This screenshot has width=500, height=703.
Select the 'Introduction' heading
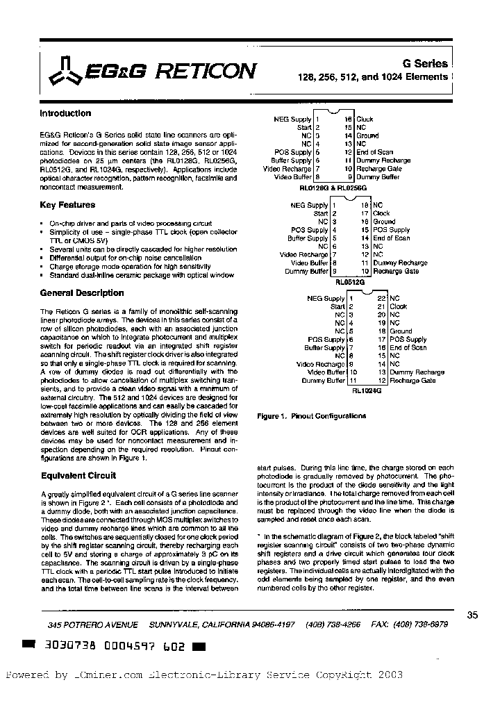tap(65, 113)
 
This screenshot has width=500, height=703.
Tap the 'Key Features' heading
tap(67, 205)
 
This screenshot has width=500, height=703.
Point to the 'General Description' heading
tap(82, 293)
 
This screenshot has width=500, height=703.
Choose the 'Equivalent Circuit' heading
tap(78, 476)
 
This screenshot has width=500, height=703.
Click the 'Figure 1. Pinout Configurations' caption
tap(311, 416)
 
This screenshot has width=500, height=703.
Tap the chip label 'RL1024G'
tap(367, 391)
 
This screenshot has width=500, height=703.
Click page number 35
tap(472, 615)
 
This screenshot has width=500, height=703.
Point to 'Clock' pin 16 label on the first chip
tap(365, 119)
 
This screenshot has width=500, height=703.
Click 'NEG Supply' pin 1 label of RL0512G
tap(308, 206)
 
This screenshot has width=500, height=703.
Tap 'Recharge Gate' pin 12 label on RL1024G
tap(412, 381)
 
